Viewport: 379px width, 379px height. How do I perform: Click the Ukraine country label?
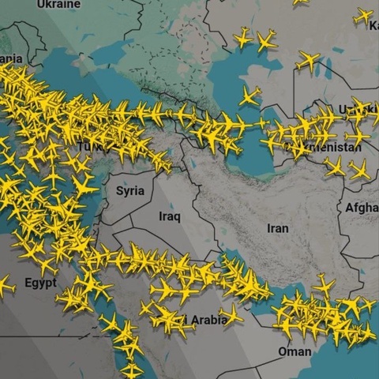pos(59,5)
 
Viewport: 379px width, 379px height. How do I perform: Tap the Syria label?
pos(130,190)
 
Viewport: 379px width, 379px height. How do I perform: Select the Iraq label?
pos(170,216)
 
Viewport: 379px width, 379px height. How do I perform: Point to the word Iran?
pos(278,228)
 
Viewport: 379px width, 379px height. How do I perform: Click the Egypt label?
pos(40,282)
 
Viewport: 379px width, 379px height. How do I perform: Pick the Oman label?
pos(295,351)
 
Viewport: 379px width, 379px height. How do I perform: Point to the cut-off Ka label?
pos(373,26)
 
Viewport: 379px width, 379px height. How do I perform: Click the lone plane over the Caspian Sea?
pos(250,96)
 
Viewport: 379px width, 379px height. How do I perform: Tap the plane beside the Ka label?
pos(363,16)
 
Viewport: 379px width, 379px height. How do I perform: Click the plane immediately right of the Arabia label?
pos(231,316)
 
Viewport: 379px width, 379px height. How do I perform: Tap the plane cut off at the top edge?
pos(300,2)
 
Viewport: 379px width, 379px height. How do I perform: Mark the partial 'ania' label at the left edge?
pos(11,58)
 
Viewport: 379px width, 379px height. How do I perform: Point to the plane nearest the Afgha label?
pos(359,169)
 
